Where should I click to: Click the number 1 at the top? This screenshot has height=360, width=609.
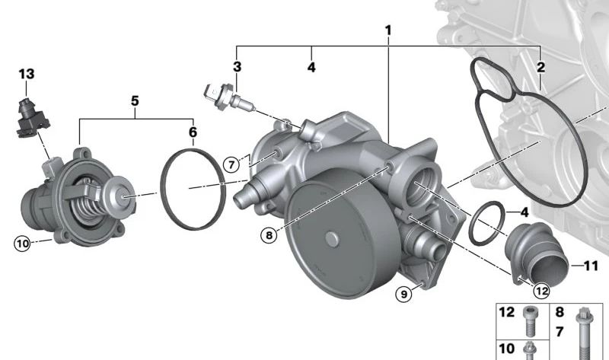click(x=388, y=30)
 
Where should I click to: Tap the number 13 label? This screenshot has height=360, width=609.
click(x=27, y=74)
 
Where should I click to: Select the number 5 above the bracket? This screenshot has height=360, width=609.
click(x=135, y=101)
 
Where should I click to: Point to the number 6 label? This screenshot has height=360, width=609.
click(x=193, y=132)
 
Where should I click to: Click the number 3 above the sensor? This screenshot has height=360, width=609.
click(x=237, y=67)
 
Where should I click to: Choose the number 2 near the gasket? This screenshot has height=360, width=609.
click(x=540, y=68)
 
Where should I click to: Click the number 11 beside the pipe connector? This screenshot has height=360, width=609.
click(x=591, y=266)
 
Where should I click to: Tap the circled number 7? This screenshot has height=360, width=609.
click(x=231, y=165)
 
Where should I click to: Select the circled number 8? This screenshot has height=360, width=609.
click(x=269, y=235)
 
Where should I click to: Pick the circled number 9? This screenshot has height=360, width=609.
click(x=404, y=294)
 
